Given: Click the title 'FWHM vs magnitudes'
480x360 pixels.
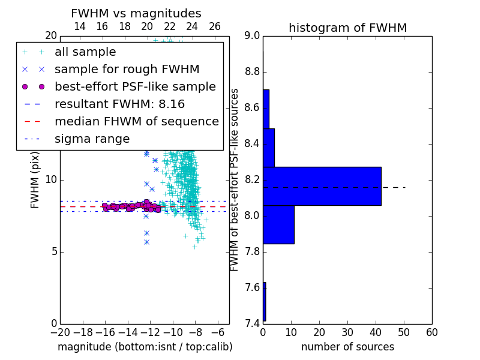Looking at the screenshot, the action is tap(136, 13).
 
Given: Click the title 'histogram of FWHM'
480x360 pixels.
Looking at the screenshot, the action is tap(348, 28).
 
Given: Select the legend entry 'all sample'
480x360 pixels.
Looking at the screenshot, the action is tap(85, 52).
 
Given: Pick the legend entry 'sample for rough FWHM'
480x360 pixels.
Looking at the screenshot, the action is tap(127, 70).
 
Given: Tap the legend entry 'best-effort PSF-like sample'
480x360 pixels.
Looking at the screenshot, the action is tap(136, 87).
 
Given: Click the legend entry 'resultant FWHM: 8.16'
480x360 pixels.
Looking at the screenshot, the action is tap(119, 104).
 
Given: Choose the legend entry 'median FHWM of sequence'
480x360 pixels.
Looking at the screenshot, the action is tap(137, 122).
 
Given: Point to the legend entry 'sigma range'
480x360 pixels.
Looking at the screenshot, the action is tap(92, 139).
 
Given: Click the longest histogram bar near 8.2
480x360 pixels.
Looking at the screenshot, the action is tap(322, 186).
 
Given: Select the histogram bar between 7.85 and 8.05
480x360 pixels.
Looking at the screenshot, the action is tap(278, 224).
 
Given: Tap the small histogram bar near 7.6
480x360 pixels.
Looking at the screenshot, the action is tap(265, 302).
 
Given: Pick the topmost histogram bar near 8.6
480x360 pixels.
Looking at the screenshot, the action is tap(266, 109).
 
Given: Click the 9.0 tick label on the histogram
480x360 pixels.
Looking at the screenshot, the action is tap(252, 36).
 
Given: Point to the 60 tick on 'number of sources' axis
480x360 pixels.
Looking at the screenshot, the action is tap(432, 332).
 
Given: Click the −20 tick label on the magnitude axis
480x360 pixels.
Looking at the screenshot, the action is tap(61, 332).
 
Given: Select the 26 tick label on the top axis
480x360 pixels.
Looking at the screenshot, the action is tap(215, 26).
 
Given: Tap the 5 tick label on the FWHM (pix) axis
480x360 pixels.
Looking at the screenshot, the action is tap(54, 252).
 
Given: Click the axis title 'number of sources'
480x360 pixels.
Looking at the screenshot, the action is tap(348, 347).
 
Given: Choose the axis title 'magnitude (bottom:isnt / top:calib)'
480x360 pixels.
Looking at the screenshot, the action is tap(145, 347).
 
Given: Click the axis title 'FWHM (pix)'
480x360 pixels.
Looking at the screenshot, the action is tap(35, 181).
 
